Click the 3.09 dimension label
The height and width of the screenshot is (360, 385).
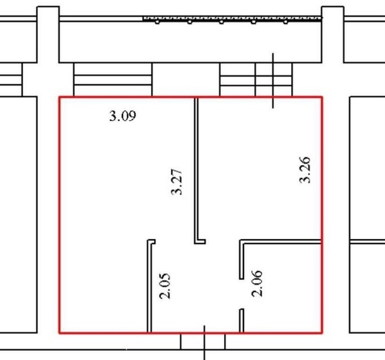click(x=122, y=116)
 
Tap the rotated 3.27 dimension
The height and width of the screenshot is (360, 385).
click(x=176, y=182)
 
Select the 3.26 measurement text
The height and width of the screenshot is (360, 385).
click(x=305, y=170)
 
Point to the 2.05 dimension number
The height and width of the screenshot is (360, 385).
click(x=165, y=286)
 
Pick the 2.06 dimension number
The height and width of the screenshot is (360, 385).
click(x=257, y=284)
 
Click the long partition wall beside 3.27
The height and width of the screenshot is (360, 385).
click(x=196, y=170)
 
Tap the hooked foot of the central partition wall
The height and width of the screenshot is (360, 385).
click(x=200, y=241)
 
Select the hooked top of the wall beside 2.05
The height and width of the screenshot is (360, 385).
click(x=152, y=242)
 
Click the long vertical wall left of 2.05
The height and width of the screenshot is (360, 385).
click(x=149, y=287)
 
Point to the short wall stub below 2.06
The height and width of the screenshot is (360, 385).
click(x=242, y=321)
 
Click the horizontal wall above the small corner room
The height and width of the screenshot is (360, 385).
click(x=280, y=241)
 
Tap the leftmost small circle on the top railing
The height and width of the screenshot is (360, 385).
click(x=157, y=22)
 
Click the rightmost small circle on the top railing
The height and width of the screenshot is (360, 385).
click(x=286, y=22)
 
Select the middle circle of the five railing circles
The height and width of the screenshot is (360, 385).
click(x=222, y=22)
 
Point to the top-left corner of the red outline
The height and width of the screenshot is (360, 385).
click(x=59, y=97)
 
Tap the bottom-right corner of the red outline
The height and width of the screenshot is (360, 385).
click(x=322, y=333)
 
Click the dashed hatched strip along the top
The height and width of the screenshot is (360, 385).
click(x=233, y=19)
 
